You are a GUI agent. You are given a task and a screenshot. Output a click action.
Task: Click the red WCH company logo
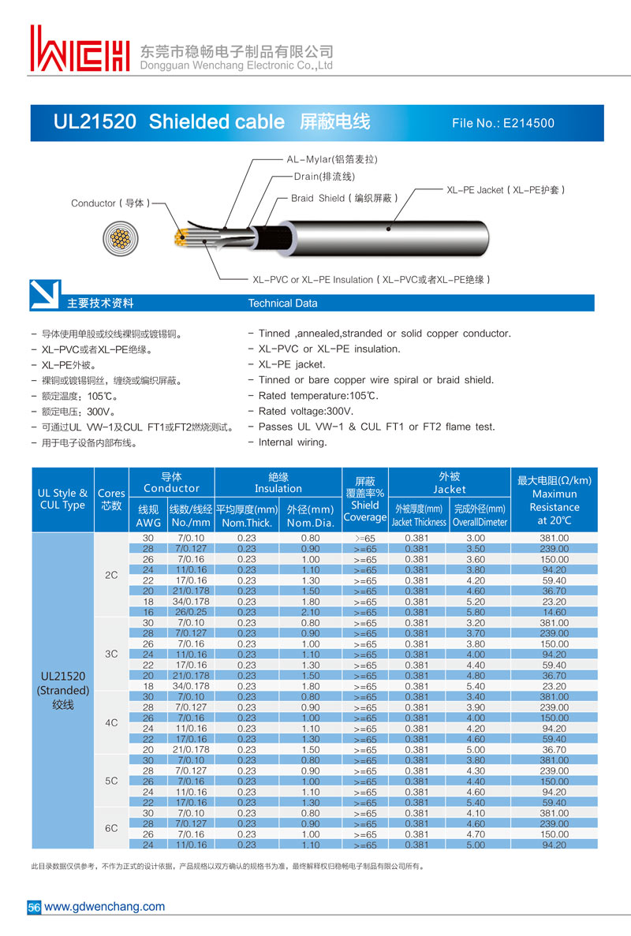point(79,49)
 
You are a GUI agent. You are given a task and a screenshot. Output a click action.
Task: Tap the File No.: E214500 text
point(503,123)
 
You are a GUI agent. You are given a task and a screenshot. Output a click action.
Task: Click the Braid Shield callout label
point(344,198)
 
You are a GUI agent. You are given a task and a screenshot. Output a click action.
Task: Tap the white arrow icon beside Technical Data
point(44,295)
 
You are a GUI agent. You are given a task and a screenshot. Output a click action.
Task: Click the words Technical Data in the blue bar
point(282,304)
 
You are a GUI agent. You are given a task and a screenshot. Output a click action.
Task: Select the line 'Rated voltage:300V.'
point(306,412)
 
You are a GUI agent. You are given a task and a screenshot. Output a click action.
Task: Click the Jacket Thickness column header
point(419,522)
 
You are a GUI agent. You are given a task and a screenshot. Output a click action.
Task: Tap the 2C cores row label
point(111,575)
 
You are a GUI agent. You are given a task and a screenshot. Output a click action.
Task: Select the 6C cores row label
point(111,828)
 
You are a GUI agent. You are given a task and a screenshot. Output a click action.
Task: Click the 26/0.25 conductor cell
point(190,612)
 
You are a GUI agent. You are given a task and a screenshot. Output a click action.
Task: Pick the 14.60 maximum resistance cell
point(554,612)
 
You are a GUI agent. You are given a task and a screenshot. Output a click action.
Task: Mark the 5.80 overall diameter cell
point(475,612)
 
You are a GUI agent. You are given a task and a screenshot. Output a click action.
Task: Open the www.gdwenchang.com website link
point(105,907)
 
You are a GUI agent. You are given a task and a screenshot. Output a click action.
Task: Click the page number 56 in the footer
point(34,908)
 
